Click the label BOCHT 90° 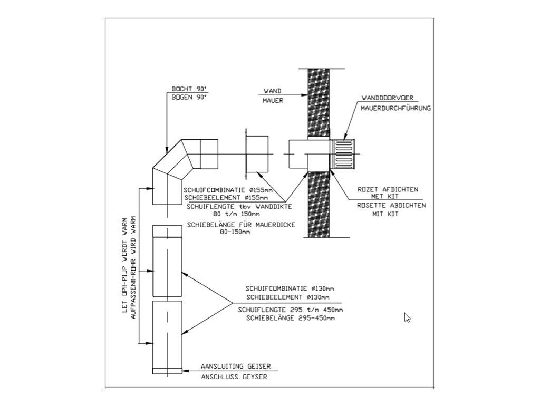click(x=189, y=89)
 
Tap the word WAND click(x=273, y=91)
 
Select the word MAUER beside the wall click(x=273, y=101)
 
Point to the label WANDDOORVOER click(x=388, y=98)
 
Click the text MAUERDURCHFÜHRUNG click(x=396, y=108)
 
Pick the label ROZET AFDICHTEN click(x=388, y=189)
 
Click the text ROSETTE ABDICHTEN click(x=391, y=205)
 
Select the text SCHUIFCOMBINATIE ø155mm click(x=228, y=190)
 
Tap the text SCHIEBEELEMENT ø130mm click(x=287, y=297)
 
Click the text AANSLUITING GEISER click(x=236, y=367)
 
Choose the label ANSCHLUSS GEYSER click(x=234, y=377)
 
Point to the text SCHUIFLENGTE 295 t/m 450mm click(x=291, y=310)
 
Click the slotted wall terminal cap click(x=342, y=154)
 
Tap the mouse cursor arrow click(x=407, y=317)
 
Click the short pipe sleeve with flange click(x=257, y=154)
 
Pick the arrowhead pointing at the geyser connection click(x=185, y=371)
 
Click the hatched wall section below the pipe click(x=319, y=205)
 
